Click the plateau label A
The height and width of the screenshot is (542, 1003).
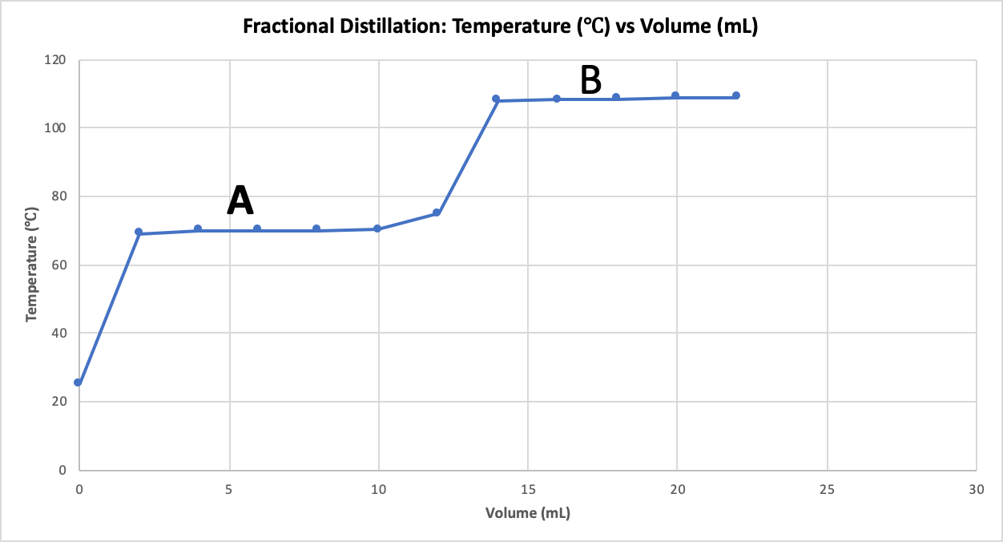pyautogui.click(x=240, y=200)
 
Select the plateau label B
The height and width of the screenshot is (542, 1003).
pyautogui.click(x=590, y=80)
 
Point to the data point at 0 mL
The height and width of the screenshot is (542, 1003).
pyautogui.click(x=78, y=382)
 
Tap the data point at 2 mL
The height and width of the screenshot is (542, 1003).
pyautogui.click(x=139, y=232)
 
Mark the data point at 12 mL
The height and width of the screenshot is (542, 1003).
pyautogui.click(x=437, y=212)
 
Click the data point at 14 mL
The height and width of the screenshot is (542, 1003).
pyautogui.click(x=496, y=99)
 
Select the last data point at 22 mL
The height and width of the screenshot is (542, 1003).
pyautogui.click(x=735, y=95)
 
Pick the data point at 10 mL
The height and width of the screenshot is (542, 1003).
pyautogui.click(x=377, y=229)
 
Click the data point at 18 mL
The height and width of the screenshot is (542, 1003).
pyautogui.click(x=616, y=97)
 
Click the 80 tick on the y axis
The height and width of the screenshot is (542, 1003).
pyautogui.click(x=59, y=196)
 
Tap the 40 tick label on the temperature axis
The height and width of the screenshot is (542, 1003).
pyautogui.click(x=59, y=334)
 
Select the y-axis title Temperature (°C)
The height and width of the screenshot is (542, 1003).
pyautogui.click(x=31, y=265)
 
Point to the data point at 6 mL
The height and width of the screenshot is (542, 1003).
pyautogui.click(x=257, y=229)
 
